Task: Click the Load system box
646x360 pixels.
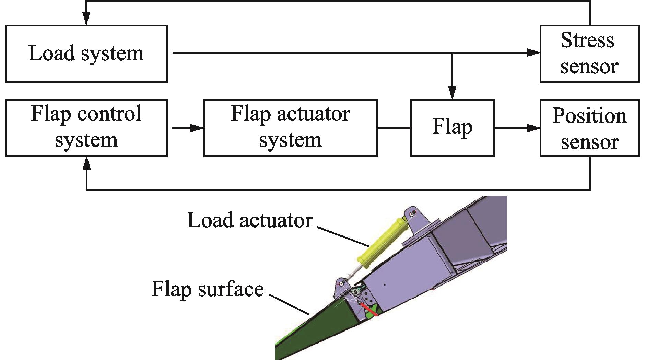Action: coord(86,54)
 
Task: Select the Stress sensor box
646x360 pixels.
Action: coord(589,54)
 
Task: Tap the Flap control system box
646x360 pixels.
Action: coord(86,128)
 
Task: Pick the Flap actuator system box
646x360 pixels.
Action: coord(290,128)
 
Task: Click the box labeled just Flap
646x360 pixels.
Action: coord(452,128)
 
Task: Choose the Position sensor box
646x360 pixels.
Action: coord(589,128)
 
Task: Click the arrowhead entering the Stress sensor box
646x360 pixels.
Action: coord(533,53)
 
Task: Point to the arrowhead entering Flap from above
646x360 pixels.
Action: coord(453,93)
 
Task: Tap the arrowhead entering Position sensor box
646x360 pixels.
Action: coord(533,128)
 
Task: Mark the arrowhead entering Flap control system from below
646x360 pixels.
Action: coord(86,164)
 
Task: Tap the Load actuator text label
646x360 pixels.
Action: coord(250,220)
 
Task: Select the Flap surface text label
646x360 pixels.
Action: coord(208,289)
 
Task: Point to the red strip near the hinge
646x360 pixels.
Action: coord(370,310)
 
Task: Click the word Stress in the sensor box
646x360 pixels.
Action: coord(587,40)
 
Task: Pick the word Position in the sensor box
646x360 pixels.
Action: coord(589,116)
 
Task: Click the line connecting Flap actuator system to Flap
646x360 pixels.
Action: coord(394,128)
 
